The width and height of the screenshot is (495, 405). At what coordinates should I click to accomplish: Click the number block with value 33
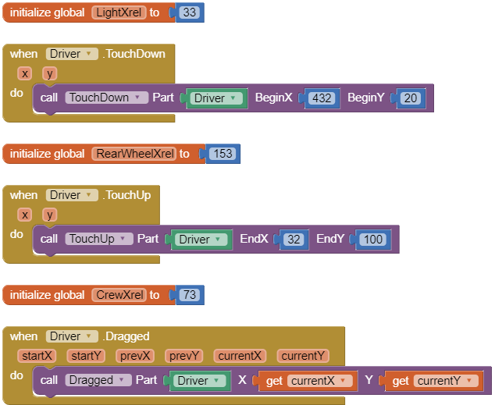(x=191, y=13)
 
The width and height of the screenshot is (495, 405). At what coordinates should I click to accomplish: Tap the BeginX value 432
(x=321, y=98)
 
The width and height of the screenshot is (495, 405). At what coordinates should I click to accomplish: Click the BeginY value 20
(x=411, y=98)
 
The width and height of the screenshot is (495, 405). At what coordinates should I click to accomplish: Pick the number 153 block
(x=223, y=154)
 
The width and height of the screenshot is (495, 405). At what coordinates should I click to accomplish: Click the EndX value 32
(x=294, y=240)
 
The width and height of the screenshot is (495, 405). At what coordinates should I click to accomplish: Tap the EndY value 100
(x=373, y=240)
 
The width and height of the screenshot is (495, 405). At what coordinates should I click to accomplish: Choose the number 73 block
(x=189, y=295)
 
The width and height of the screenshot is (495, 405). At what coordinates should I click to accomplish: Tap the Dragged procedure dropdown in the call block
(x=98, y=381)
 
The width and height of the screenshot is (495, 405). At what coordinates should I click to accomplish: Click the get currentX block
(x=308, y=381)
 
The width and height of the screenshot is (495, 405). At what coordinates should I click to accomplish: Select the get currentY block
(x=433, y=381)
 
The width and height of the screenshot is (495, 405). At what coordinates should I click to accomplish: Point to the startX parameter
(x=37, y=356)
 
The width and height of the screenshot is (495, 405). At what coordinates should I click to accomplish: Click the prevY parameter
(x=185, y=356)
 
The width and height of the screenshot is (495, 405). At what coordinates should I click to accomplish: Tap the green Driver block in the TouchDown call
(x=215, y=98)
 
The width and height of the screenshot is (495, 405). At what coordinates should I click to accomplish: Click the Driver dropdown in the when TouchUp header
(x=72, y=195)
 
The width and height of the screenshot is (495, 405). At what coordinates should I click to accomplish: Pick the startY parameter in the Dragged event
(x=87, y=356)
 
